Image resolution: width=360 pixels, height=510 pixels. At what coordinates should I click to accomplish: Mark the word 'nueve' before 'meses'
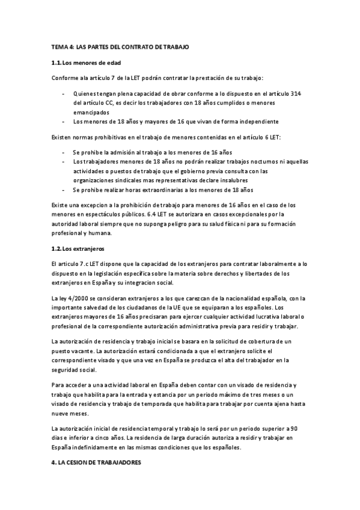[x=61, y=414]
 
